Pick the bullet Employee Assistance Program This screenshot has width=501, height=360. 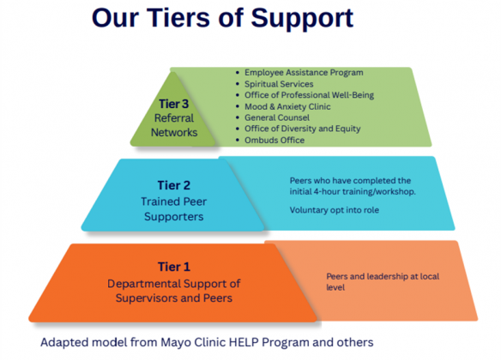tap(303, 73)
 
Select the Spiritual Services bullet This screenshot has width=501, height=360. tap(278, 84)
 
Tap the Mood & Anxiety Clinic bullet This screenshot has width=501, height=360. tap(287, 106)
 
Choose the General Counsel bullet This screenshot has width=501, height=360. tap(276, 117)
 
